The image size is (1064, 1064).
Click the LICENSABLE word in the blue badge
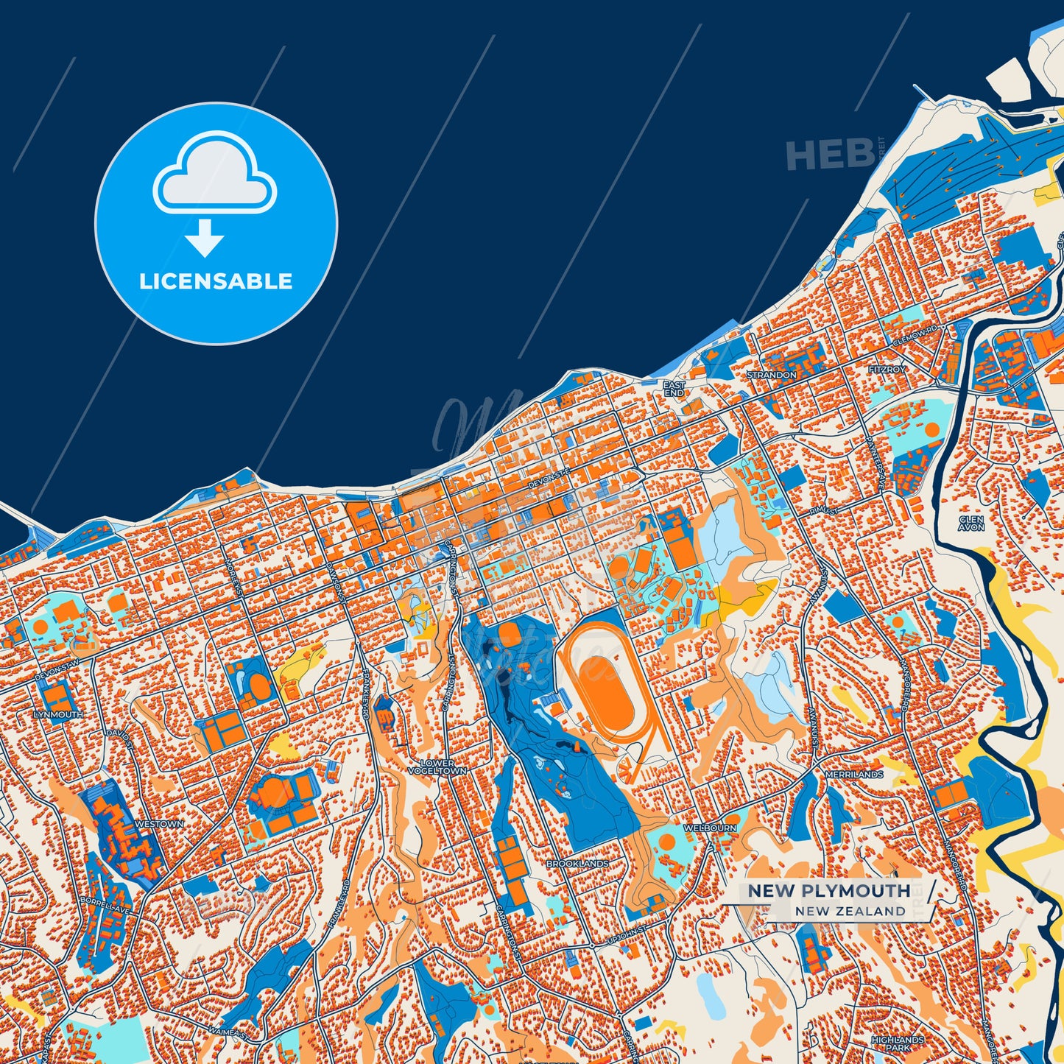pyautogui.click(x=216, y=281)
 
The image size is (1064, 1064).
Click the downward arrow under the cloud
pyautogui.click(x=205, y=237)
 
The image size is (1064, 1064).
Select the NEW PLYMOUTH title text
pyautogui.click(x=829, y=891)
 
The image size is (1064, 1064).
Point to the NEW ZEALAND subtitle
pyautogui.click(x=850, y=912)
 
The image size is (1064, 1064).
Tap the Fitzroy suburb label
pyautogui.click(x=887, y=369)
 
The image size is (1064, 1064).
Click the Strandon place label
pyautogui.click(x=771, y=375)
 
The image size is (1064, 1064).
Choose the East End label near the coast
pyautogui.click(x=673, y=389)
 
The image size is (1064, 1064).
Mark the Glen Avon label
pyautogui.click(x=971, y=524)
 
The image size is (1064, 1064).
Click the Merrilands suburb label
pyautogui.click(x=853, y=775)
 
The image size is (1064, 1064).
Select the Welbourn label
pyautogui.click(x=710, y=828)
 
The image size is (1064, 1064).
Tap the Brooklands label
pyautogui.click(x=577, y=863)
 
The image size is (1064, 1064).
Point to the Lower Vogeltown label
pyautogui.click(x=438, y=767)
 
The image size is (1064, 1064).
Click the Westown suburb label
pyautogui.click(x=160, y=824)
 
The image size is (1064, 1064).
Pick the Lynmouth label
pyautogui.click(x=58, y=715)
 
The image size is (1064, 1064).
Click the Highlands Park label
pyautogui.click(x=897, y=1043)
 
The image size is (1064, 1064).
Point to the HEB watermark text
pyautogui.click(x=829, y=155)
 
